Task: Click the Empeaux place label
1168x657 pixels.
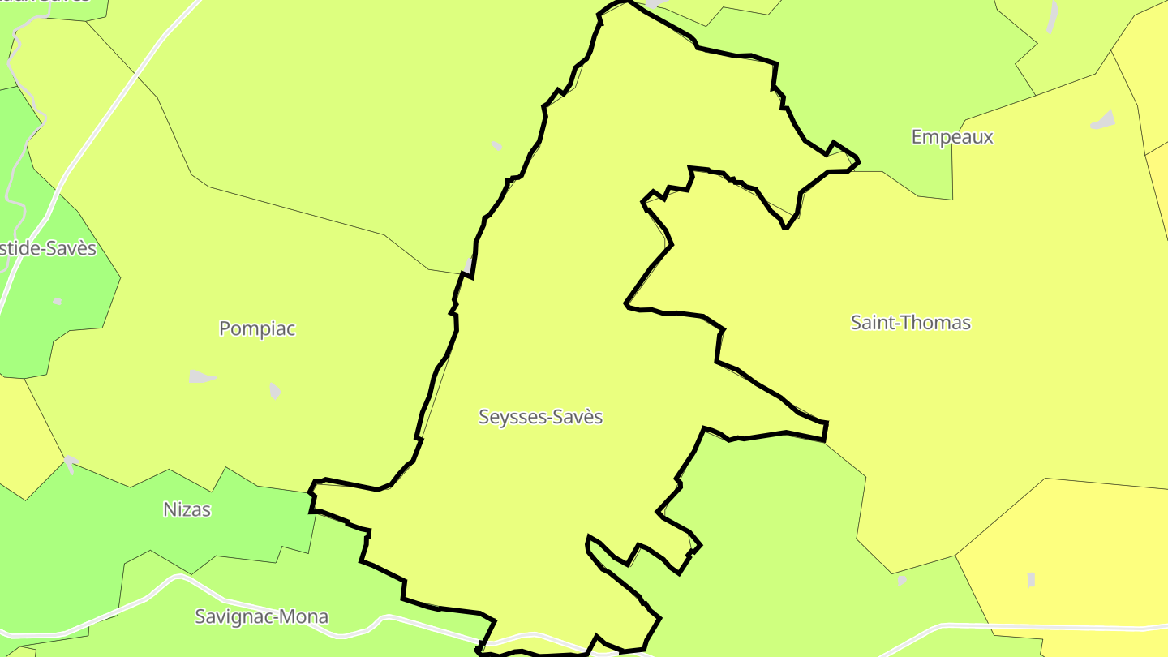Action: point(952,137)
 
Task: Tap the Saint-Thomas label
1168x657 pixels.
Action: point(910,323)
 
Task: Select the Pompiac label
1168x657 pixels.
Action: point(257,328)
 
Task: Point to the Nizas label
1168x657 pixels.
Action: point(187,509)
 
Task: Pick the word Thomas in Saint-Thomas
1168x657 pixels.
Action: point(942,323)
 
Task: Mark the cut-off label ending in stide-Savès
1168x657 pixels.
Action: point(47,248)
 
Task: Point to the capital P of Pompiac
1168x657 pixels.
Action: point(225,328)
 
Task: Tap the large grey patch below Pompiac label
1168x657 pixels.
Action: point(201,376)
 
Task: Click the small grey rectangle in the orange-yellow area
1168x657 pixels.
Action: point(1031,580)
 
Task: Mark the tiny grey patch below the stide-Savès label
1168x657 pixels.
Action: point(58,302)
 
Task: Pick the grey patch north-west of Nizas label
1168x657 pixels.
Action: point(71,463)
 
